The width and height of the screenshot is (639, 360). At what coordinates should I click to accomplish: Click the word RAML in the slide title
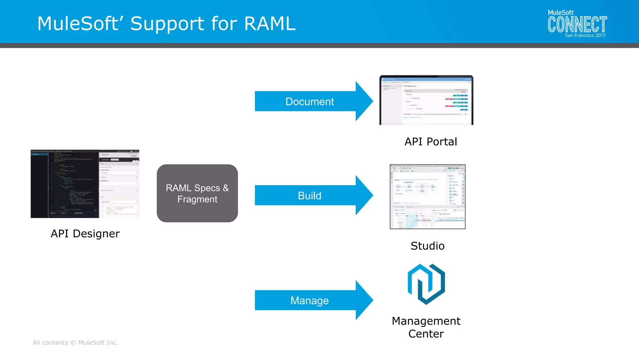pos(270,24)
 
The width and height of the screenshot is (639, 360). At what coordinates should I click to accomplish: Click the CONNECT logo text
pos(577,25)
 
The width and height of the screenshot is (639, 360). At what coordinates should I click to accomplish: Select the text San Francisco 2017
pos(585,36)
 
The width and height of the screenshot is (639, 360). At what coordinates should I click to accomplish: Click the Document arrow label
pos(310,101)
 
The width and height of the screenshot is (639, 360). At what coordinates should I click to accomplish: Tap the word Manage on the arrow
pos(310,300)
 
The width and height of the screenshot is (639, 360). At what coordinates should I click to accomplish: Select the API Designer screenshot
pos(85,184)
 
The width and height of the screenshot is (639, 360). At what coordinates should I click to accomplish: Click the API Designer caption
pos(85,234)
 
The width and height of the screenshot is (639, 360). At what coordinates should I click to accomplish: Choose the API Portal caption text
pos(431,142)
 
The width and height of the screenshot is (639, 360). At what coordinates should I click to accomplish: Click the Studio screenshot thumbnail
pos(427,197)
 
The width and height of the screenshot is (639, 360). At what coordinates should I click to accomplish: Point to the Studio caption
pos(427,246)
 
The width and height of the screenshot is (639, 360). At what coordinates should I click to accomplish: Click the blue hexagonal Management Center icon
pos(426,284)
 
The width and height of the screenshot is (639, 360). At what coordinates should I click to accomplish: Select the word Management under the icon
pos(426,321)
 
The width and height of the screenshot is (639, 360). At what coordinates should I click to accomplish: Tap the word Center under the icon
pos(426,334)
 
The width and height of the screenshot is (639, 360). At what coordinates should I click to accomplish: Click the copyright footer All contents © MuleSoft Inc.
pos(75,343)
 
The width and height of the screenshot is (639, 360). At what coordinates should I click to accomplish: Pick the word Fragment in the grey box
pos(197,199)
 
